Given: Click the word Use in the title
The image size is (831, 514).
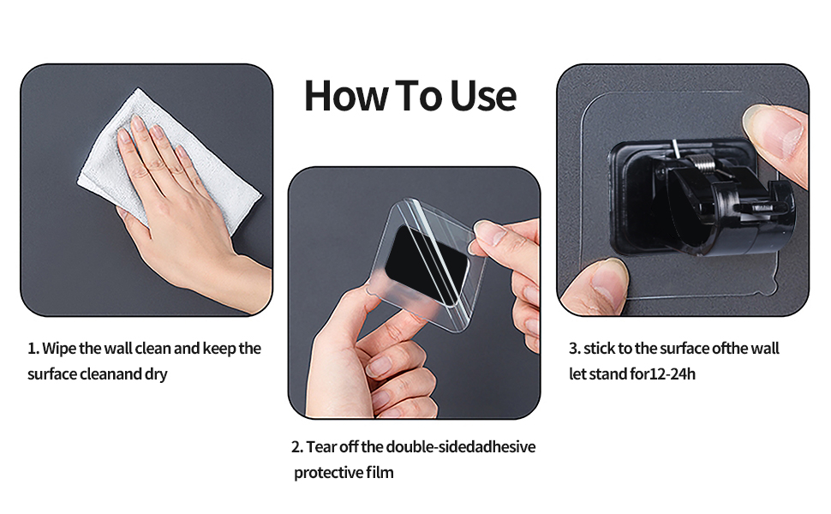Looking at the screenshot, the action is pyautogui.click(x=483, y=96).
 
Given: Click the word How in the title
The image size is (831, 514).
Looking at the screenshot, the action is pyautogui.click(x=346, y=96).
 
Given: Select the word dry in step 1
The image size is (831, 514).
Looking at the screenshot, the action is pyautogui.click(x=156, y=374).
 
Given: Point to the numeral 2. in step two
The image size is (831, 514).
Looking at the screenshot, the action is pyautogui.click(x=297, y=447).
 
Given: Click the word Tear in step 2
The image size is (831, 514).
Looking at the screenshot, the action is pyautogui.click(x=321, y=447).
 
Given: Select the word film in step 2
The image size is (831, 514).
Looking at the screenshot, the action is pyautogui.click(x=380, y=473).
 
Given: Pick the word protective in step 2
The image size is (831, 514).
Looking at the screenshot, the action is pyautogui.click(x=328, y=473).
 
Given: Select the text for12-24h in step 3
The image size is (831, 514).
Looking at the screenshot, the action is pyautogui.click(x=662, y=374).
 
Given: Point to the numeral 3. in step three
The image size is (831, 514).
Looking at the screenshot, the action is pyautogui.click(x=575, y=349).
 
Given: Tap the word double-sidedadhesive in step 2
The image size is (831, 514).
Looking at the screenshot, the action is pyautogui.click(x=461, y=447).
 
